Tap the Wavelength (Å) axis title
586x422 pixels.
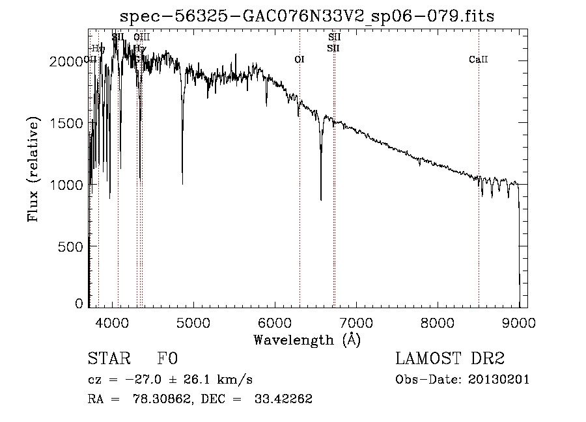(307, 339)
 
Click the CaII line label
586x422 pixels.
(478, 60)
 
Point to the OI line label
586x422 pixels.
(300, 60)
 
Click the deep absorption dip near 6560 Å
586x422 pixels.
(320, 198)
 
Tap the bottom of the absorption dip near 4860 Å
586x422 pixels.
(182, 183)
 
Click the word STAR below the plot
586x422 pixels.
(107, 359)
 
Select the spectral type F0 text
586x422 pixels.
(167, 359)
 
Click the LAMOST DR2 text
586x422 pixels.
(450, 359)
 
